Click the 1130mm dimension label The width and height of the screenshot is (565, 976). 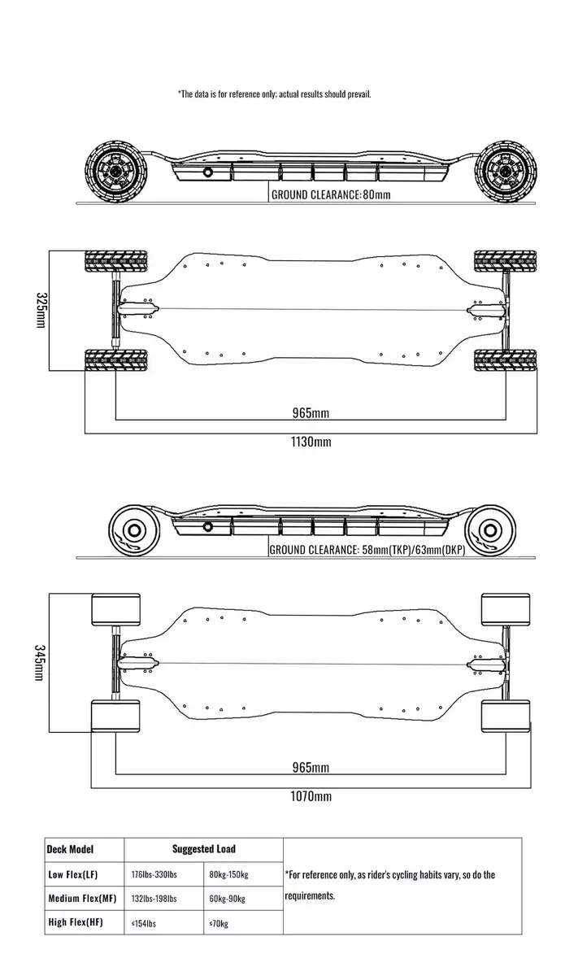pos(311,442)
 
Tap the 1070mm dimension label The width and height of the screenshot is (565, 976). pos(311,796)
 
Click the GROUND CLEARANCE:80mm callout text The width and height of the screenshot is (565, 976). pos(331,195)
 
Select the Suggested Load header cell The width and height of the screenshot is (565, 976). pos(203,849)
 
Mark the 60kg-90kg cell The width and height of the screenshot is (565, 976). pos(228,899)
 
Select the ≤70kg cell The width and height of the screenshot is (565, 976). pos(219,923)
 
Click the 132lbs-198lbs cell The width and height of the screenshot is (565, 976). pos(154,899)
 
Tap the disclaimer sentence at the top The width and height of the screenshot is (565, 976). pos(274,94)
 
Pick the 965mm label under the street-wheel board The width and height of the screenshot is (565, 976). pos(311,767)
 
